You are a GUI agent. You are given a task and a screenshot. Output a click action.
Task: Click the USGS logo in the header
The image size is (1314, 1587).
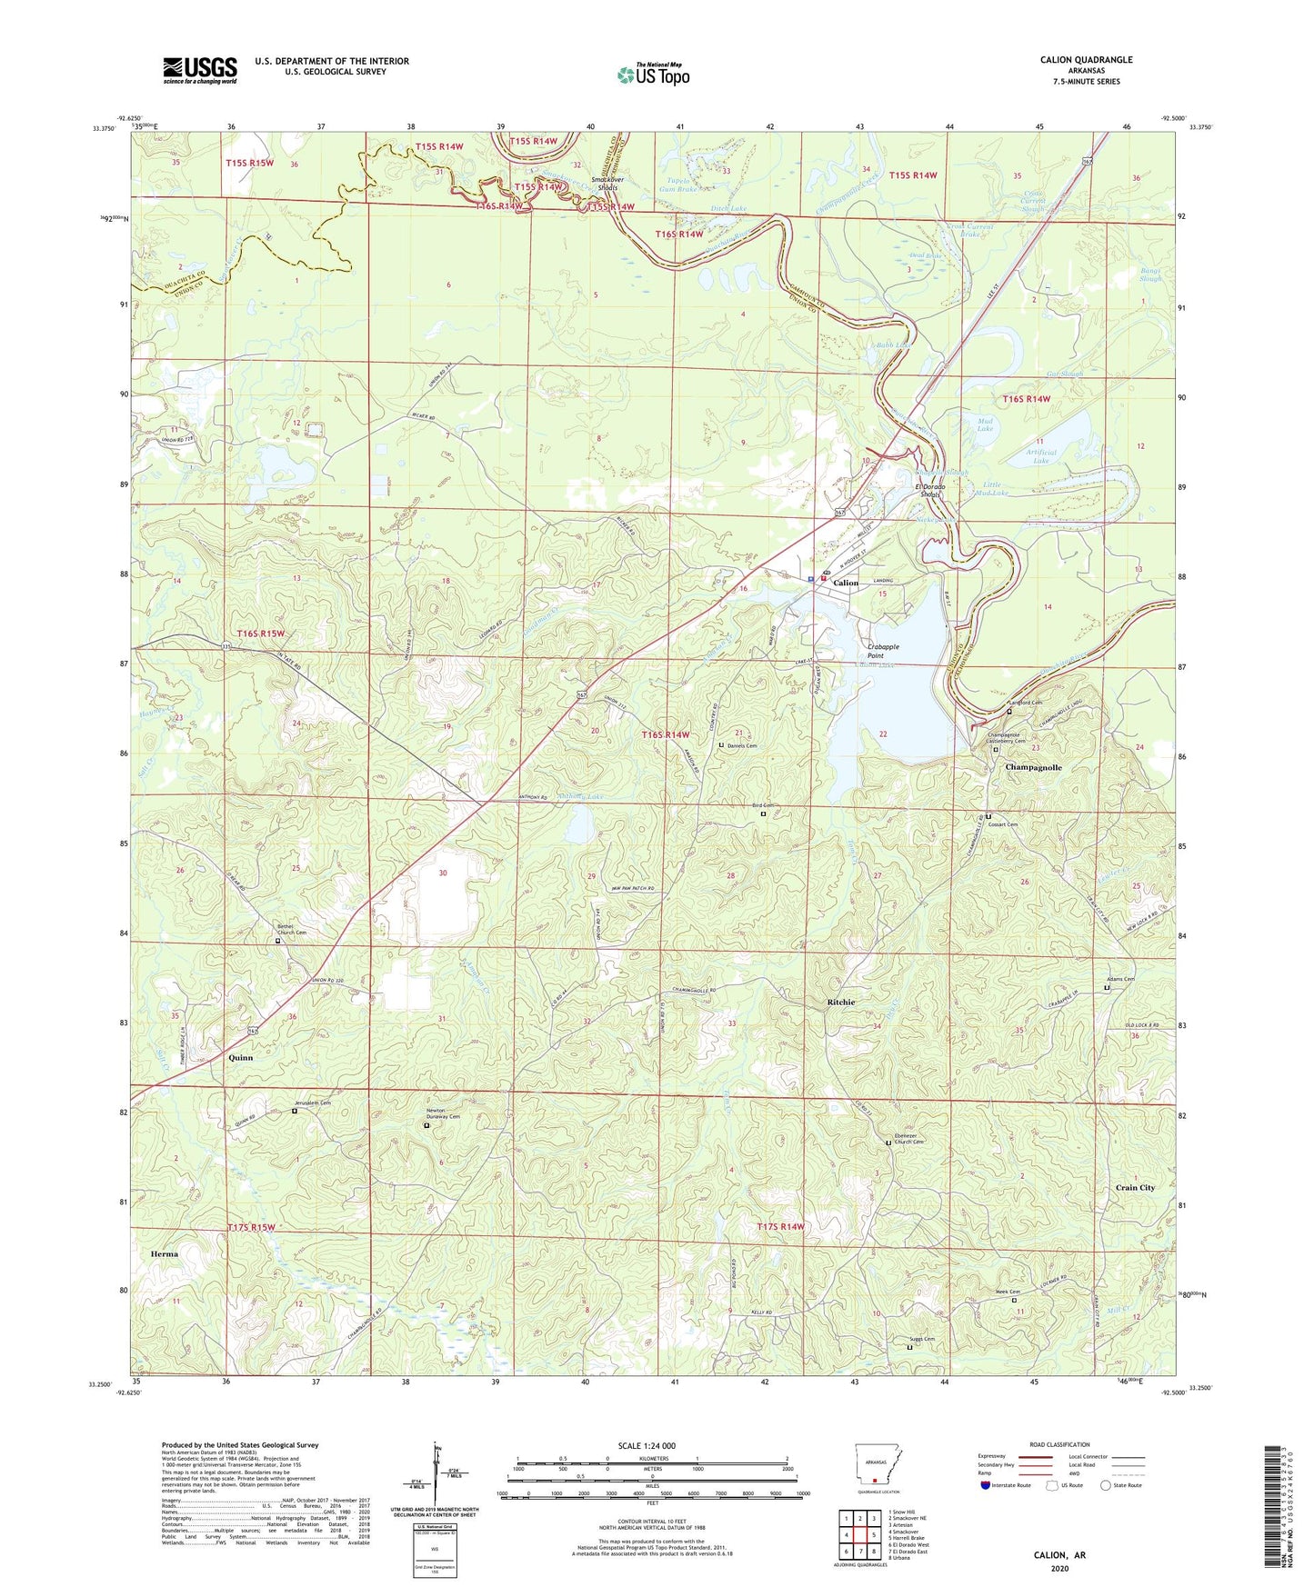[x=199, y=70]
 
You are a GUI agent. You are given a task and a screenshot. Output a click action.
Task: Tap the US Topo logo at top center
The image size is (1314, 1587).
[x=653, y=75]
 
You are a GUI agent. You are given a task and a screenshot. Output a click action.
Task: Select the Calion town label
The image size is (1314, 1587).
[x=845, y=583]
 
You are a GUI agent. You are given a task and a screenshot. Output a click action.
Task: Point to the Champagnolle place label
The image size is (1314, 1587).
[x=1033, y=767]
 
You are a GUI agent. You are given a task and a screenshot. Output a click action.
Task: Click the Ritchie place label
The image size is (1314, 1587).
[x=840, y=1002]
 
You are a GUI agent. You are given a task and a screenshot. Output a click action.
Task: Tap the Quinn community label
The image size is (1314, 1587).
[x=241, y=1058]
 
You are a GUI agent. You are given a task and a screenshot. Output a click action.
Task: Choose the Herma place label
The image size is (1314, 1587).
[x=165, y=1253]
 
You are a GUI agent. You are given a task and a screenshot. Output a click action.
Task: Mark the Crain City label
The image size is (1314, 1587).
[x=1135, y=1187]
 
